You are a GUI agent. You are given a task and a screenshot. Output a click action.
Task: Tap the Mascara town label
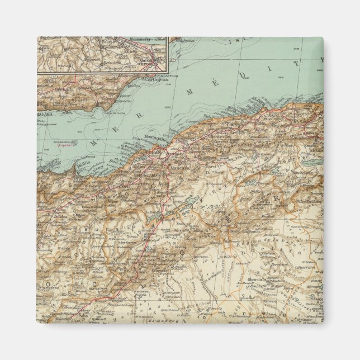tap(179, 166)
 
